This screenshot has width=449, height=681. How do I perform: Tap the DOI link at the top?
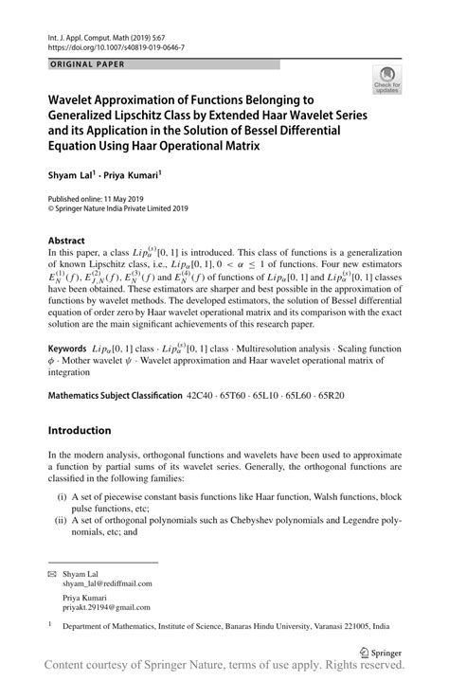113,46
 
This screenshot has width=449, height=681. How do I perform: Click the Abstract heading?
67,241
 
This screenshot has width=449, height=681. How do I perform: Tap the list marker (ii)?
62,519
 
